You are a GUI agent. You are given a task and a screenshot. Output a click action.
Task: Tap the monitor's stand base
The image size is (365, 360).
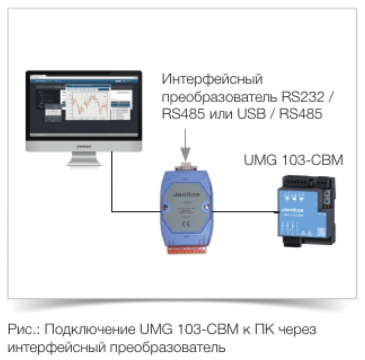point(84,163)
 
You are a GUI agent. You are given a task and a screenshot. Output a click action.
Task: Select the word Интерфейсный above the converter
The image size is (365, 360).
point(212,78)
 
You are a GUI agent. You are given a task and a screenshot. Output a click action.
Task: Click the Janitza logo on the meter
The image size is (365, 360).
point(289,209)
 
